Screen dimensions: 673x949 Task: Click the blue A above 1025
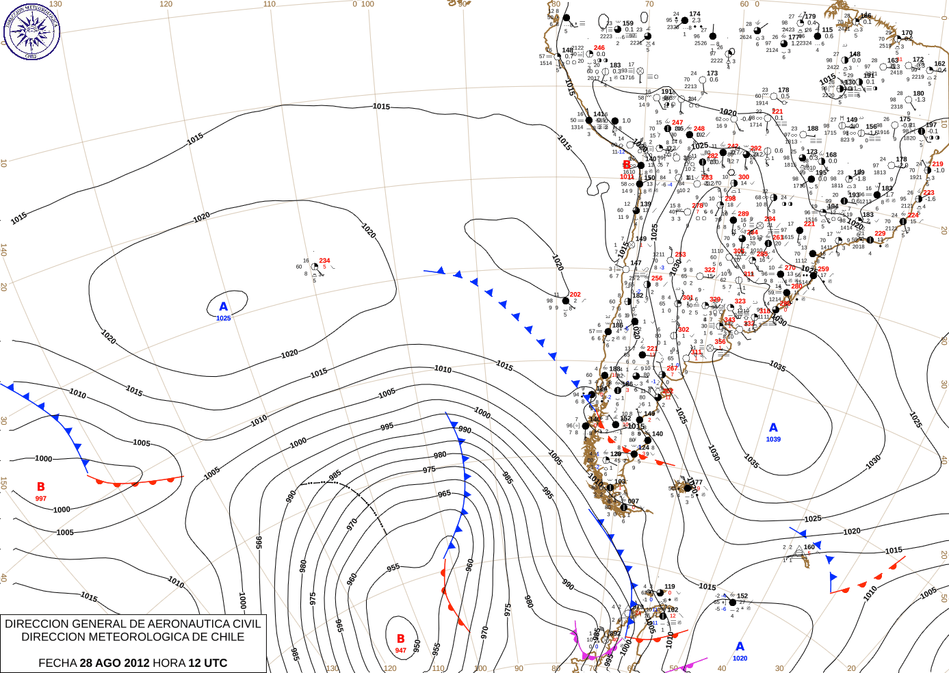223,307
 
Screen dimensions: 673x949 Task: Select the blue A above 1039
773,427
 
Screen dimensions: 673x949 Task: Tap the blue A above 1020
740,646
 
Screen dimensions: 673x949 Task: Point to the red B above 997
41,487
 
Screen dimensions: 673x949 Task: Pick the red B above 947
400,639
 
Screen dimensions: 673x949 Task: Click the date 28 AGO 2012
114,663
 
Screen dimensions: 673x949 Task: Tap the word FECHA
57,663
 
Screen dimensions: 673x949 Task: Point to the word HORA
168,663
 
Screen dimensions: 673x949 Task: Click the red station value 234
324,261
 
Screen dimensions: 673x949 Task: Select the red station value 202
575,295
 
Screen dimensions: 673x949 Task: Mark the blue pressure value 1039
773,439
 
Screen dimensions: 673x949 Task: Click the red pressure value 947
400,650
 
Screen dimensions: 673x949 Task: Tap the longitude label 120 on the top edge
166,4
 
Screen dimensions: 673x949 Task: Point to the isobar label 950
417,646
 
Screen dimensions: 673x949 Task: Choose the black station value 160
809,547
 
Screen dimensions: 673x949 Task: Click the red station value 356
720,342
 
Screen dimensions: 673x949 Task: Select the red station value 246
599,48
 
